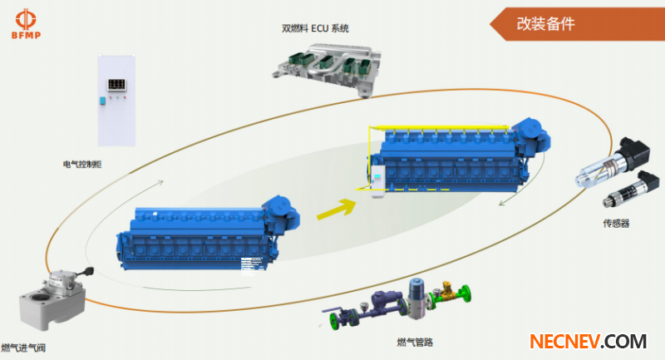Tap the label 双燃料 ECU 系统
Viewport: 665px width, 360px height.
(x=315, y=28)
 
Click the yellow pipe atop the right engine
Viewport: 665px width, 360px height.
(x=441, y=127)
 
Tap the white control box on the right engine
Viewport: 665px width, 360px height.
(x=377, y=182)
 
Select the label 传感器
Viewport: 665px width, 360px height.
(x=617, y=223)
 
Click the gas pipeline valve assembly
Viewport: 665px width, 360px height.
(x=399, y=303)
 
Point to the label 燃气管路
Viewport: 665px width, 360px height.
(x=416, y=342)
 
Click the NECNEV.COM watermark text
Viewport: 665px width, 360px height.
(x=588, y=341)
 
